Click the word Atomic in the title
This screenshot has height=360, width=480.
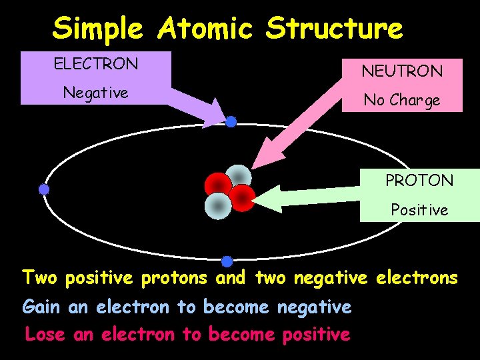[x=205, y=29]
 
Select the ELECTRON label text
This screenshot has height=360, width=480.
[x=96, y=64]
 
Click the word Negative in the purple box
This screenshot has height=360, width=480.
[x=95, y=93]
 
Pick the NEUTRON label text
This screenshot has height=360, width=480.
[x=401, y=70]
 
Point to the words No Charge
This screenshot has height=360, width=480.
[x=401, y=100]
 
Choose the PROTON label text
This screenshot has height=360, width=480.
[x=419, y=180]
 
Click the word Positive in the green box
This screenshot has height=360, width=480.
[x=419, y=210]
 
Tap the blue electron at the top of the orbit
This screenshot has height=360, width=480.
[x=231, y=122]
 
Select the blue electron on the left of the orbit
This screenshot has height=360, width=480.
[x=44, y=189]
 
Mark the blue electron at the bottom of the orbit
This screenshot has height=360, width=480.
[x=227, y=261]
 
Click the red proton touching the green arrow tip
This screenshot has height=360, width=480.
[x=243, y=198]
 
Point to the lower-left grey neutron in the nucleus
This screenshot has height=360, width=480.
[x=217, y=205]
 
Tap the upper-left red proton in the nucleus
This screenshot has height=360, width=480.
[x=218, y=185]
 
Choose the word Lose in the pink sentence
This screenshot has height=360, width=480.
[x=45, y=334]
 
